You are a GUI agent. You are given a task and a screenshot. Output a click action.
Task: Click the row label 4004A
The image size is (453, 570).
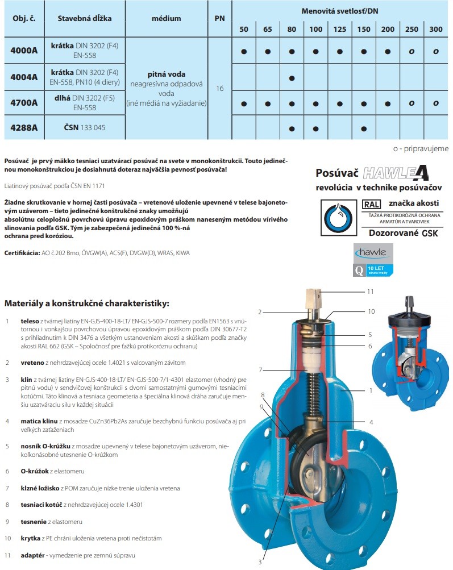point(24,77)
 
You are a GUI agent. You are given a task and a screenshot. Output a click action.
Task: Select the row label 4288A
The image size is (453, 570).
point(24,128)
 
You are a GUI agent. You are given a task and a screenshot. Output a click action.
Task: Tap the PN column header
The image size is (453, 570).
point(220,18)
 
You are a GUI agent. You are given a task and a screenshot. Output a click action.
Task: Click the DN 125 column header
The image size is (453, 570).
point(340,29)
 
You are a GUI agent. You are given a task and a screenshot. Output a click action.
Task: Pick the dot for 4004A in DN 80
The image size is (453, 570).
point(292,77)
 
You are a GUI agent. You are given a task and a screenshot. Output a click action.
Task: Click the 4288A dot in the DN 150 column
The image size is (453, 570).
point(364,128)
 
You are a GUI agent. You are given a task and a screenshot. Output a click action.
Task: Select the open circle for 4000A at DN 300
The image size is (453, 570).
point(436,52)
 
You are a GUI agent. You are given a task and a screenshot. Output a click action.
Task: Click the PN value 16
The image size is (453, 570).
point(220,89)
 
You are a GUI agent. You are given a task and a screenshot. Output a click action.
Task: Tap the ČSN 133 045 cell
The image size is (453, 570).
point(85,128)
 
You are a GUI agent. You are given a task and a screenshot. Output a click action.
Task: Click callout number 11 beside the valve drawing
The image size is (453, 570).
point(369,291)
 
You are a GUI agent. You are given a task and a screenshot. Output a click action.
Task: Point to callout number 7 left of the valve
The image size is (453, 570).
point(260,370)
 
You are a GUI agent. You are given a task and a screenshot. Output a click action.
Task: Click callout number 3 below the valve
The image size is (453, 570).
point(259,562)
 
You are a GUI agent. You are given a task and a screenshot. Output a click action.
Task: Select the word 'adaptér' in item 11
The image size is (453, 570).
point(34,555)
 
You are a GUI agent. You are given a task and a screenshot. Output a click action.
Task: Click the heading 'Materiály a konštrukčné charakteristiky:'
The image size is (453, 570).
point(87,303)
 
